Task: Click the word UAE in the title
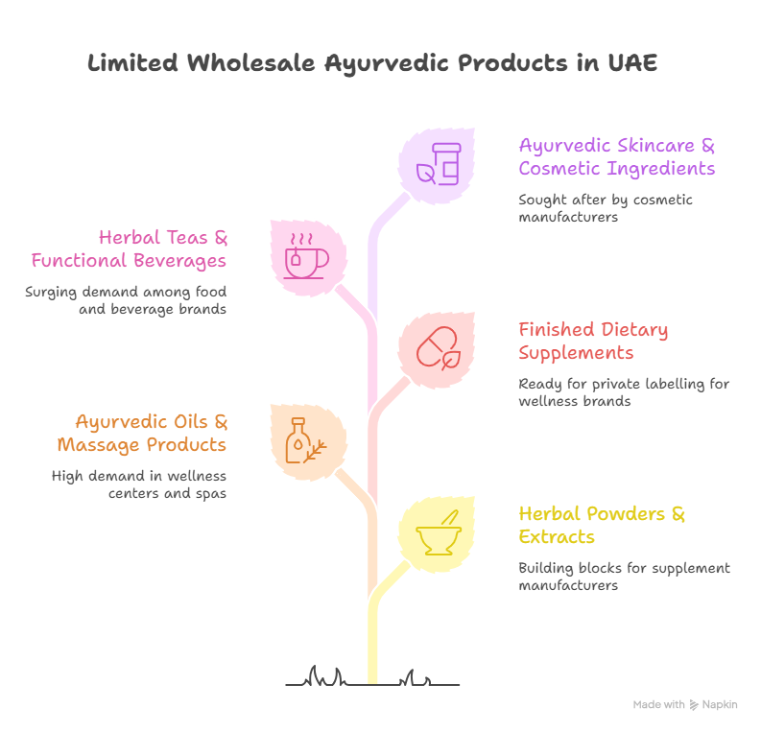tap(633, 64)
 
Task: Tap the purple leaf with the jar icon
tap(438, 162)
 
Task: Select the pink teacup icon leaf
tap(307, 256)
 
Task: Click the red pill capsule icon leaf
tap(438, 347)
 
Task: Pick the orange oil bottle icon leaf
tap(307, 440)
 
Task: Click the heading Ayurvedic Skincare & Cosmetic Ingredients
tap(616, 157)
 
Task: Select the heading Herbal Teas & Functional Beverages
tap(128, 248)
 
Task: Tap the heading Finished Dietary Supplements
tap(593, 342)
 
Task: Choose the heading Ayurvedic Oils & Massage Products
tap(141, 433)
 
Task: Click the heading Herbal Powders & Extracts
tap(602, 525)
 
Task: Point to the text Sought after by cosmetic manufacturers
tap(605, 208)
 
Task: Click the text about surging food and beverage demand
tap(126, 299)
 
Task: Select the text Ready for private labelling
tap(624, 392)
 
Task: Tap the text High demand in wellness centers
tap(138, 484)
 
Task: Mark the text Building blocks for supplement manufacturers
tap(624, 576)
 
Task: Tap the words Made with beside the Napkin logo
tap(658, 705)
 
